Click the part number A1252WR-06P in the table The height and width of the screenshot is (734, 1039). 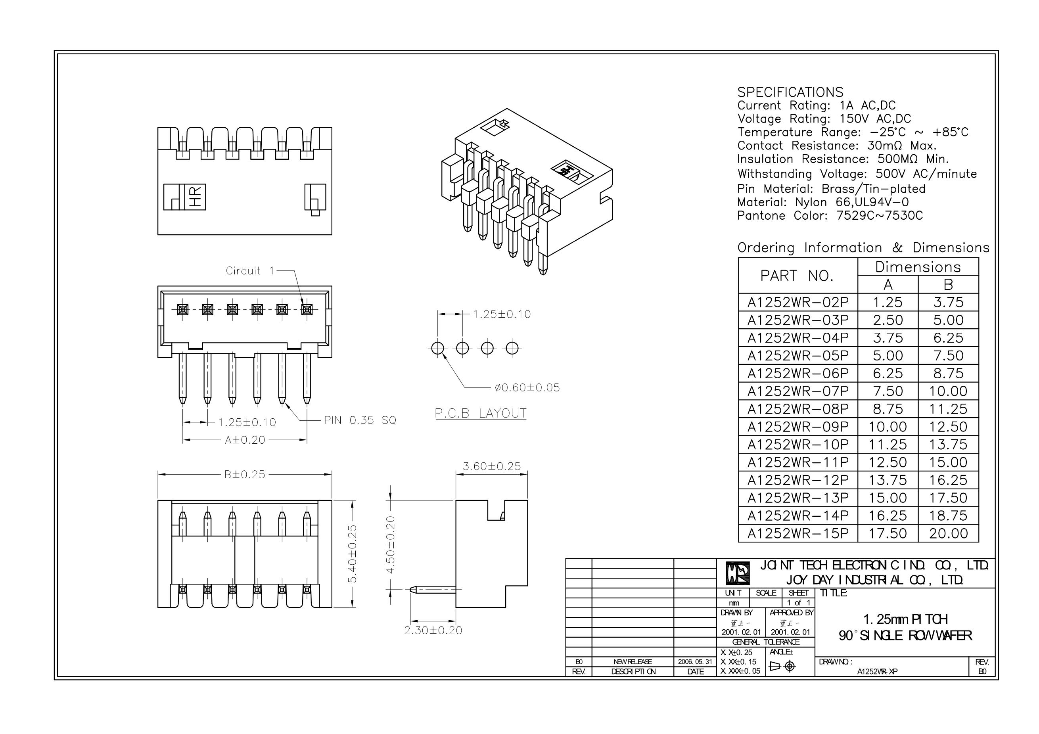[798, 373]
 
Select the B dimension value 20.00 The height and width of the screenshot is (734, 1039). [948, 533]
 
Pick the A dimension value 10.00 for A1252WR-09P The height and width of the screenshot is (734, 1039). [888, 427]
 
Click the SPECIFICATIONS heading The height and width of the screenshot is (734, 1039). [790, 92]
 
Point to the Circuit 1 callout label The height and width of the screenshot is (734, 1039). [250, 270]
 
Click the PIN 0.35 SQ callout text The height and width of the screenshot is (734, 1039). [360, 420]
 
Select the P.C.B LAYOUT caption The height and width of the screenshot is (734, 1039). [480, 413]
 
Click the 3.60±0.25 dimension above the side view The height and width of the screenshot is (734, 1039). [491, 466]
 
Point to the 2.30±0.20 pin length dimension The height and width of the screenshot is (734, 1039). [433, 630]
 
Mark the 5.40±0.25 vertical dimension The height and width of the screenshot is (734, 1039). [353, 554]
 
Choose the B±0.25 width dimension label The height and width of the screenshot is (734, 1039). [244, 474]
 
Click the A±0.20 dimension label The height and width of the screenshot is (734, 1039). [245, 440]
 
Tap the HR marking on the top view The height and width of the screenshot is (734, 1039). [196, 197]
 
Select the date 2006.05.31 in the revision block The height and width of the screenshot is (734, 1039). [695, 661]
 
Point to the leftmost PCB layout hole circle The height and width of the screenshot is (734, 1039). [437, 348]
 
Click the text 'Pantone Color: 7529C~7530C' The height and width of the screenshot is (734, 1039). [830, 215]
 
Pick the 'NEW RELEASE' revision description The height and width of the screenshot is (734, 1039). [633, 661]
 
